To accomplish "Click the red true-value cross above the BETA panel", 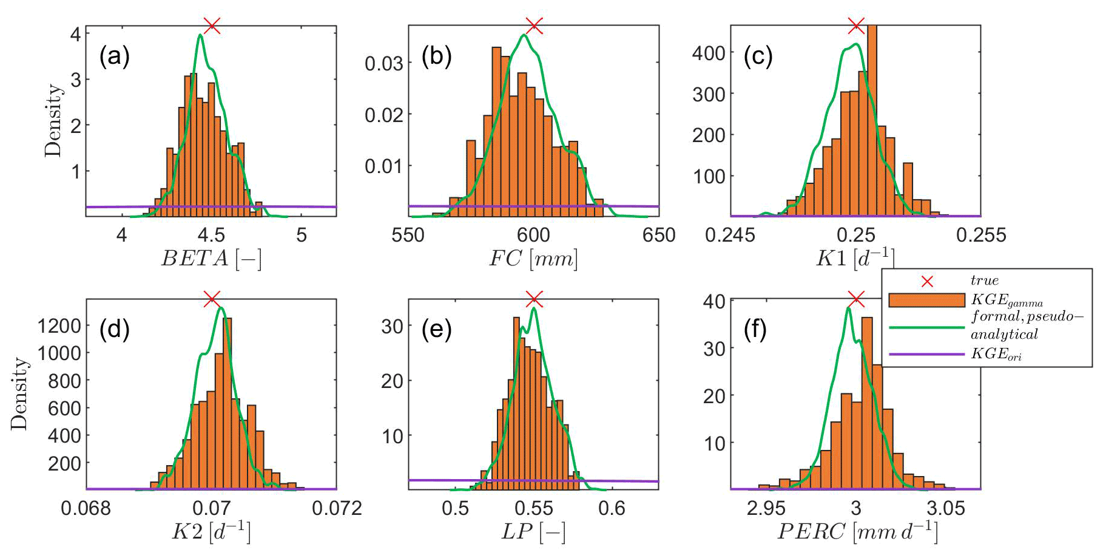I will (212, 26).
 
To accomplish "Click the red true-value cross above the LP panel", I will (534, 299).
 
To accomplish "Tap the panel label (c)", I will (758, 56).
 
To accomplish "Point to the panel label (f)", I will (755, 330).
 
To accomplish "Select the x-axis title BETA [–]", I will (211, 259).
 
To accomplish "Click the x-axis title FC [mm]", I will (533, 259).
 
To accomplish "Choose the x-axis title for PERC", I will (857, 532).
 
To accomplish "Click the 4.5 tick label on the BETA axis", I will (211, 235).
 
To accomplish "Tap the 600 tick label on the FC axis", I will (533, 235).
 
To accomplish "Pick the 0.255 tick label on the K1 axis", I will (980, 235).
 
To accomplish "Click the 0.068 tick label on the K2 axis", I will (86, 508).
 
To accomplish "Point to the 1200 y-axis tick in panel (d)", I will (59, 326).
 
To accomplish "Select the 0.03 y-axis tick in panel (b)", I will (384, 63).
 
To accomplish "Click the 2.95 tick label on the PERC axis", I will (766, 508).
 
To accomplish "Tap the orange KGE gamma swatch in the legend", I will (926, 301).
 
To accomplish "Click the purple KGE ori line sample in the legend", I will (926, 354).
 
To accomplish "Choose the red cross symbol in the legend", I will (927, 282).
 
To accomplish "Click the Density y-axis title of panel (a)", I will (53, 120).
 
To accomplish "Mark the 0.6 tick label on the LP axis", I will (612, 508).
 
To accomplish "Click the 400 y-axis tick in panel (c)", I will (709, 53).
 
